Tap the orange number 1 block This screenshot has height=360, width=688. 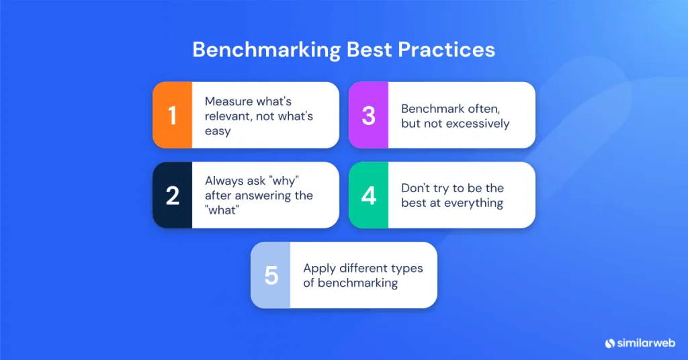(173, 115)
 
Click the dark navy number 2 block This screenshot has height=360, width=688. (173, 195)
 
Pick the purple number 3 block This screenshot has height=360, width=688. (368, 115)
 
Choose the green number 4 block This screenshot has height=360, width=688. (368, 195)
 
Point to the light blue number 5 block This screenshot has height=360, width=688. (271, 275)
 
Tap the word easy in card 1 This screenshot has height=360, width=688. (218, 131)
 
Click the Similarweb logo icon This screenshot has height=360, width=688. (610, 343)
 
